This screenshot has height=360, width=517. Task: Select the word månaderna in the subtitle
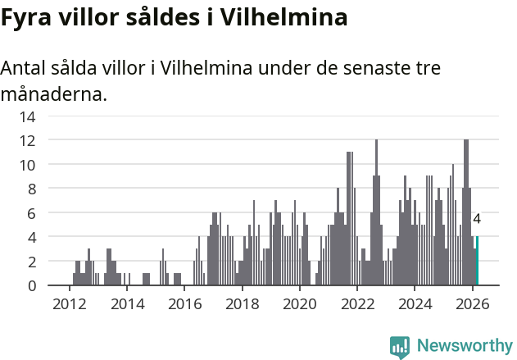click(53, 94)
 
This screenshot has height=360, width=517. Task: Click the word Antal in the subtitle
click(27, 68)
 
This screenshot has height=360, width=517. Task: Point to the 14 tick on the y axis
click(27, 116)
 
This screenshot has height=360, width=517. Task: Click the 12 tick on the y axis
click(27, 140)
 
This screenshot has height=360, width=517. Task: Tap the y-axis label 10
click(27, 165)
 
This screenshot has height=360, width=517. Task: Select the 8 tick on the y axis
click(31, 189)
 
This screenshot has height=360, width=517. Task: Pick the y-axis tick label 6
click(31, 213)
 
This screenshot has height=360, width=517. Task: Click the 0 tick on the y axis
click(31, 285)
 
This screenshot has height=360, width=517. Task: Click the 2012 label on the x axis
click(69, 304)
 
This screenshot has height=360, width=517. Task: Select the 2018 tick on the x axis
click(242, 304)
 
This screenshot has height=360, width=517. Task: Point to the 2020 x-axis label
click(299, 304)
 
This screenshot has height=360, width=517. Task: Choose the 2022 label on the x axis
click(357, 304)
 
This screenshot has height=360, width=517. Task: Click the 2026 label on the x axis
click(472, 304)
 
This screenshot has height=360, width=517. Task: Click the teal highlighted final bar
click(477, 262)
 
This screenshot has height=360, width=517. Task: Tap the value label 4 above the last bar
click(477, 220)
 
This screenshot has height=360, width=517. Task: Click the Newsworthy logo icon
click(400, 347)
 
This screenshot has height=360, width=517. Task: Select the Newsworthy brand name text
click(465, 346)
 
